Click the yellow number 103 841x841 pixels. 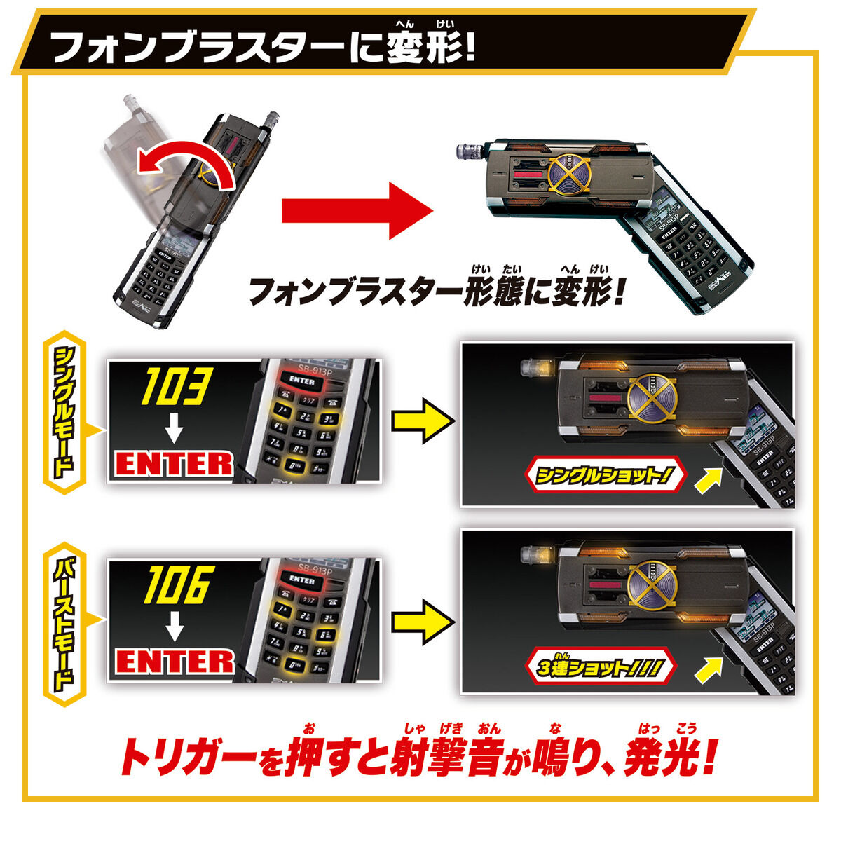[175, 388]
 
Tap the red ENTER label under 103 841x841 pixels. [175, 463]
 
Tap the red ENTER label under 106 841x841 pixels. [175, 661]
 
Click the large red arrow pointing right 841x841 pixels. [357, 210]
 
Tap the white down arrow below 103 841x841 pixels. [174, 428]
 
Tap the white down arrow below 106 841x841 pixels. [174, 625]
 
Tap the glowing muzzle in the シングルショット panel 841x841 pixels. [536, 366]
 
